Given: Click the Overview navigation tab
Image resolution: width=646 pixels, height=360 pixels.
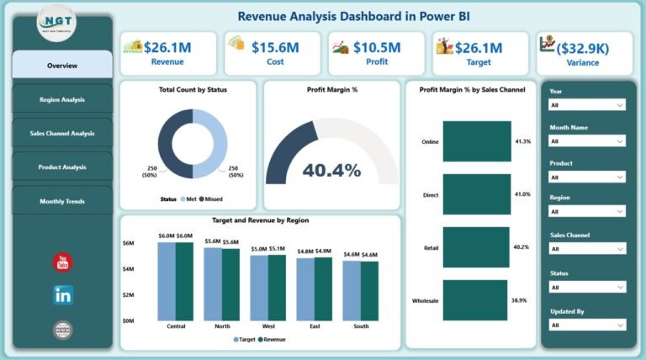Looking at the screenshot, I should click(x=62, y=66).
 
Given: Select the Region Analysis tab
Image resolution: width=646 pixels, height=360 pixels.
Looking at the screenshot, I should click(x=62, y=99).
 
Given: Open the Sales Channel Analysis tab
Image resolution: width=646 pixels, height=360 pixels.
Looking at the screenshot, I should click(x=62, y=133).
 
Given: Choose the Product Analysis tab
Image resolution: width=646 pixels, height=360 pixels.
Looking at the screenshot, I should click(x=62, y=167).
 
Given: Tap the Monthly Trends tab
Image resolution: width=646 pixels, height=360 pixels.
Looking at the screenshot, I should click(x=62, y=201).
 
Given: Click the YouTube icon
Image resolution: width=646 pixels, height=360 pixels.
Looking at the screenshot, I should click(x=63, y=262).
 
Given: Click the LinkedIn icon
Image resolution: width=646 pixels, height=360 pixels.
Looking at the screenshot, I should click(x=63, y=295).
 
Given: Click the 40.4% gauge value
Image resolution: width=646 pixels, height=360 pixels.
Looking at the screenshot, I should click(x=331, y=171).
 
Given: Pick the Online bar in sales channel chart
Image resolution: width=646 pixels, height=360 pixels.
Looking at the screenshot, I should click(x=476, y=141).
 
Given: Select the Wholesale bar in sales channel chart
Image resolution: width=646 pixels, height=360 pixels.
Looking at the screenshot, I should click(x=474, y=300).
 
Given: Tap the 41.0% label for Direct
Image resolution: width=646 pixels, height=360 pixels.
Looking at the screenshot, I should click(x=522, y=194).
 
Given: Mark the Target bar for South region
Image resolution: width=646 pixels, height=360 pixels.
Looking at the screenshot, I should click(x=352, y=291).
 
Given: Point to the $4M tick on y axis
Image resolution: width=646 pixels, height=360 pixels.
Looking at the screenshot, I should click(x=128, y=269).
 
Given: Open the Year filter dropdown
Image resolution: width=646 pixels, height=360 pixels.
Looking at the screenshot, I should click(x=586, y=105).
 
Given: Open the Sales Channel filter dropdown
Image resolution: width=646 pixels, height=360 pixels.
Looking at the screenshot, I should click(x=586, y=249).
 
